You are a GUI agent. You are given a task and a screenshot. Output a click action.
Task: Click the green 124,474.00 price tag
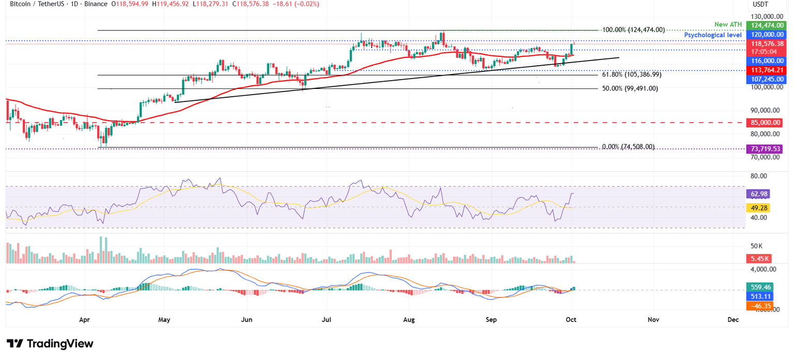pos(765,25)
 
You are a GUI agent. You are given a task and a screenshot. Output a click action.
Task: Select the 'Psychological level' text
pos(713,35)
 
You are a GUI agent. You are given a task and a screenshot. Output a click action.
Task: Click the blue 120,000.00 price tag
pos(765,35)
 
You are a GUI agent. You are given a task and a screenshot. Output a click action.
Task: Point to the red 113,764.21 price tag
pos(765,70)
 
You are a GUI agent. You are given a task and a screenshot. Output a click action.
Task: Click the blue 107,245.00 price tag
pos(765,79)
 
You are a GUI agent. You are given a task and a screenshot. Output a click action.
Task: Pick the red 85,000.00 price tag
pos(765,123)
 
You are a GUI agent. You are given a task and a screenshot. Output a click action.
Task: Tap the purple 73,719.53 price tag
pos(765,148)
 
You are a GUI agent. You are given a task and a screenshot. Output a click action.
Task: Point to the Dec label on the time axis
pos(732,320)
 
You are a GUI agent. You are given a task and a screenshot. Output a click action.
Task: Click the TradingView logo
pos(50,343)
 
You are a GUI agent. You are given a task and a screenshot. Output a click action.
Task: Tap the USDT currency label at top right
pos(760,5)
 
